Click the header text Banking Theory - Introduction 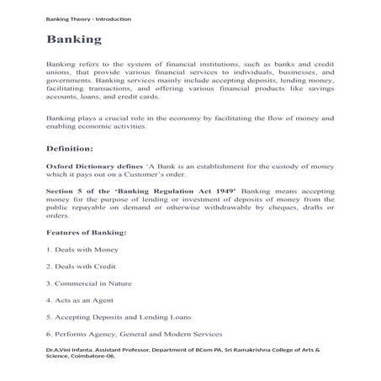pyautogui.click(x=88, y=19)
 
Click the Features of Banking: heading pyautogui.click(x=87, y=231)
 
